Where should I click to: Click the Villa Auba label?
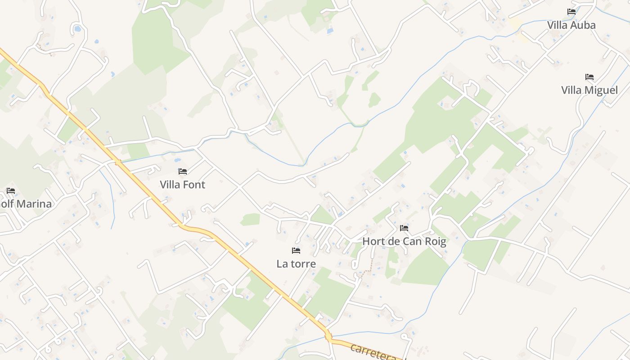(x=571, y=25)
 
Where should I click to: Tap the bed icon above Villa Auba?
(x=571, y=12)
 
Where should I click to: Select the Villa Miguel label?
(x=589, y=90)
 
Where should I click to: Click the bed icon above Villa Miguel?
(x=589, y=77)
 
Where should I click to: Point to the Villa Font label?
(x=182, y=185)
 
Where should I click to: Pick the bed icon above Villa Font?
(x=183, y=171)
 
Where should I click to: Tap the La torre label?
(x=296, y=264)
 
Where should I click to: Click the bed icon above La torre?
(x=296, y=251)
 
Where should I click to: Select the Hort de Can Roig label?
(x=404, y=242)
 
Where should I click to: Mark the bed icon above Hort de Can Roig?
(x=404, y=228)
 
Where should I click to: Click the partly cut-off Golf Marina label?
(x=26, y=204)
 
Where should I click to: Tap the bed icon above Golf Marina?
(x=11, y=191)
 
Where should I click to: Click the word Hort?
(x=373, y=242)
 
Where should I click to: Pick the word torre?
(x=303, y=264)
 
